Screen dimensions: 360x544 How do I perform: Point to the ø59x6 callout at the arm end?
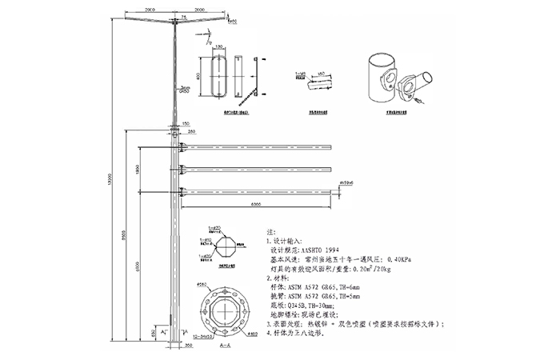346,183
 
